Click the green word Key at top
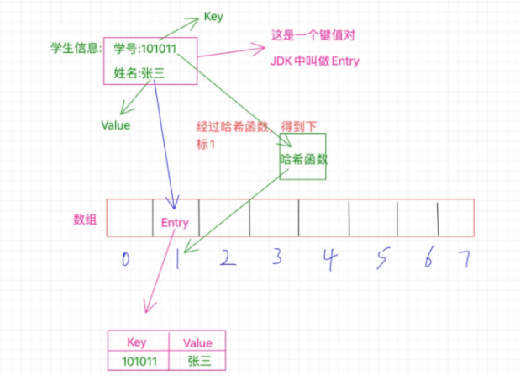pyautogui.click(x=213, y=16)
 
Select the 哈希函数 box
pyautogui.click(x=302, y=156)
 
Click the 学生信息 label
pyautogui.click(x=76, y=48)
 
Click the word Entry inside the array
pyautogui.click(x=174, y=223)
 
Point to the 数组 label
pyautogui.click(x=85, y=220)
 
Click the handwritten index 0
pyautogui.click(x=124, y=259)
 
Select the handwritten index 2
pyautogui.click(x=226, y=258)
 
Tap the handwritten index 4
pyautogui.click(x=329, y=259)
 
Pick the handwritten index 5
pyautogui.click(x=382, y=259)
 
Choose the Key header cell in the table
pyautogui.click(x=136, y=342)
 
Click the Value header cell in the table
pyautogui.click(x=199, y=342)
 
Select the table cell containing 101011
pyautogui.click(x=137, y=360)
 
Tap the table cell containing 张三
pyautogui.click(x=198, y=360)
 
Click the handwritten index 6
pyautogui.click(x=428, y=259)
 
